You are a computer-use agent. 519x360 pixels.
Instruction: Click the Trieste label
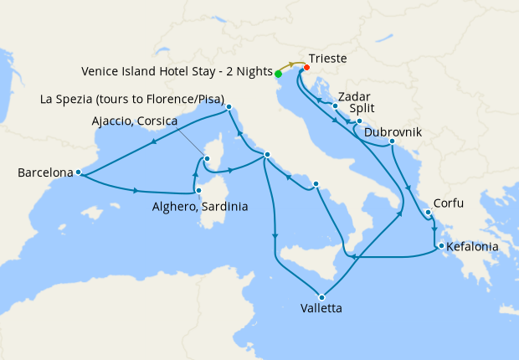coord(327,59)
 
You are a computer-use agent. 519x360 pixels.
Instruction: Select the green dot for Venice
coord(278,74)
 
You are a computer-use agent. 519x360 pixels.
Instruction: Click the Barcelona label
coord(44,173)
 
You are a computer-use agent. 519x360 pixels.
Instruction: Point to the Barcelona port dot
coord(78,172)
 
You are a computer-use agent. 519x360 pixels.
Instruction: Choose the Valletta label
coord(320,309)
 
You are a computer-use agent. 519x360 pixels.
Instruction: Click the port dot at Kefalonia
coord(439,245)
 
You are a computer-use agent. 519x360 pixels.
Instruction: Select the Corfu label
coord(449,203)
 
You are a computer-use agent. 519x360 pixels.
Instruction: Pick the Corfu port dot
coord(428,213)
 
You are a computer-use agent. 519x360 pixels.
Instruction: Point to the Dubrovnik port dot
coord(391,143)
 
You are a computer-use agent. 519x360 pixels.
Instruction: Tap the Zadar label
coord(356,95)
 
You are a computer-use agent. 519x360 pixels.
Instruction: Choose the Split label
coord(362,109)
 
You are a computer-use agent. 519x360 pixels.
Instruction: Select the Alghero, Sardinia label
coord(200,206)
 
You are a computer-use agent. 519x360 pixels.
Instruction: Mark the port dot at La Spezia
coord(229,108)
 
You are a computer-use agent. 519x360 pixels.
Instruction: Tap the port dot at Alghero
coord(198,191)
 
